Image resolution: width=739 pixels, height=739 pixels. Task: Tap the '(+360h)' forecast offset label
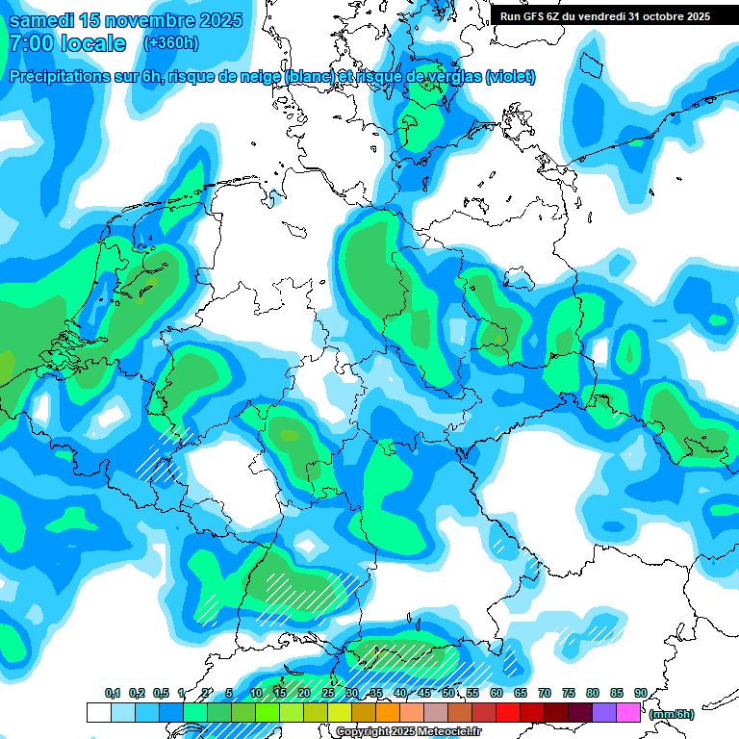point(170,43)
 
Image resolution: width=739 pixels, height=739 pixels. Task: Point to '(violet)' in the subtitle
point(510,77)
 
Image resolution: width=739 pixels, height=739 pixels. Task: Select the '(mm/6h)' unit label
point(672,714)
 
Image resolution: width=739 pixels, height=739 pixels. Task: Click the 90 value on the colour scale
point(640,693)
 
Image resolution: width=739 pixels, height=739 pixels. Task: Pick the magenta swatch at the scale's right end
point(628,712)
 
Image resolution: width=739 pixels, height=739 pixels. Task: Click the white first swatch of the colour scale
point(98,712)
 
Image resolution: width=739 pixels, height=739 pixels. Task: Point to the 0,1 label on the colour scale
point(112,693)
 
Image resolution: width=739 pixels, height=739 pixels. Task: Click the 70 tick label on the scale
point(545,693)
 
